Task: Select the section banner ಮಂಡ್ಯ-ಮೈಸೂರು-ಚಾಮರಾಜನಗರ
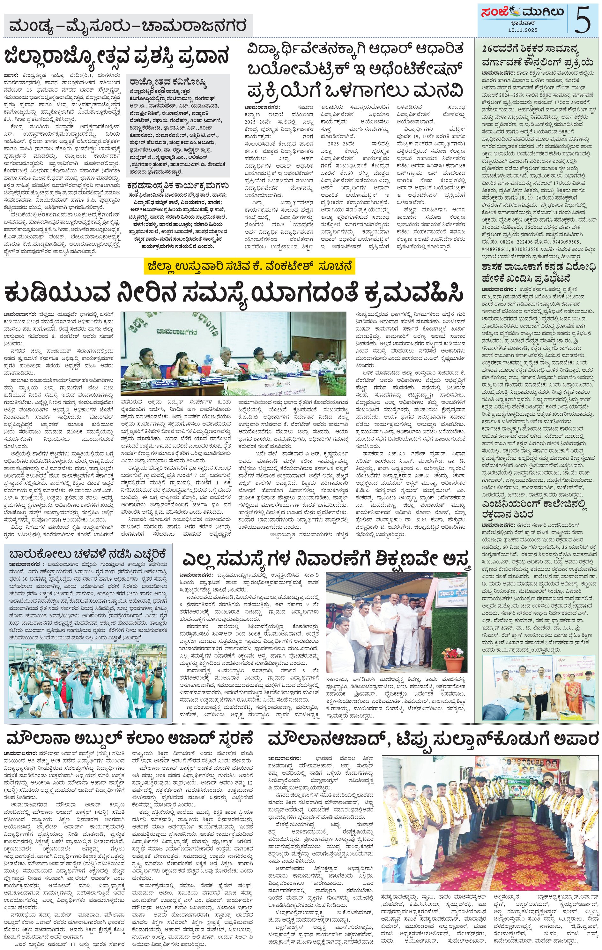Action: tap(129, 26)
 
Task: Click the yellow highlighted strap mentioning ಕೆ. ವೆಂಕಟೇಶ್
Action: tap(249, 267)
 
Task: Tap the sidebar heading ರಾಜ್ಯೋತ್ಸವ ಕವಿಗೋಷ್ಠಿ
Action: tap(167, 83)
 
